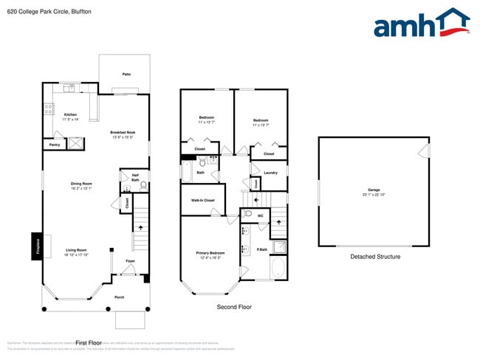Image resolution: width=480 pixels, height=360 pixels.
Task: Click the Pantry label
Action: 55,145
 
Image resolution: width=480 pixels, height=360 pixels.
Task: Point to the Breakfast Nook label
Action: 123,134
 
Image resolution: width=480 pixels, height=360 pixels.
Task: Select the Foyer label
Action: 130,261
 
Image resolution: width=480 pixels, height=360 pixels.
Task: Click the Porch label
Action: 120,297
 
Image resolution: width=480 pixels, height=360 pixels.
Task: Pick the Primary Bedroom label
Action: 210,255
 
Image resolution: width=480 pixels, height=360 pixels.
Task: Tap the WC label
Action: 261,215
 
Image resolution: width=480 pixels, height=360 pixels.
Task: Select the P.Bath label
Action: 261,249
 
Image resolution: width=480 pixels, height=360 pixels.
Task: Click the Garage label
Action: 374,191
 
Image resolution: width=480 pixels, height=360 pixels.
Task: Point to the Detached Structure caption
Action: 375,257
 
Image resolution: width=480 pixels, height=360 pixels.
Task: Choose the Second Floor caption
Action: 233,306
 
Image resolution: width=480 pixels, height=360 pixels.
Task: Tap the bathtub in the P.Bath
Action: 278,268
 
